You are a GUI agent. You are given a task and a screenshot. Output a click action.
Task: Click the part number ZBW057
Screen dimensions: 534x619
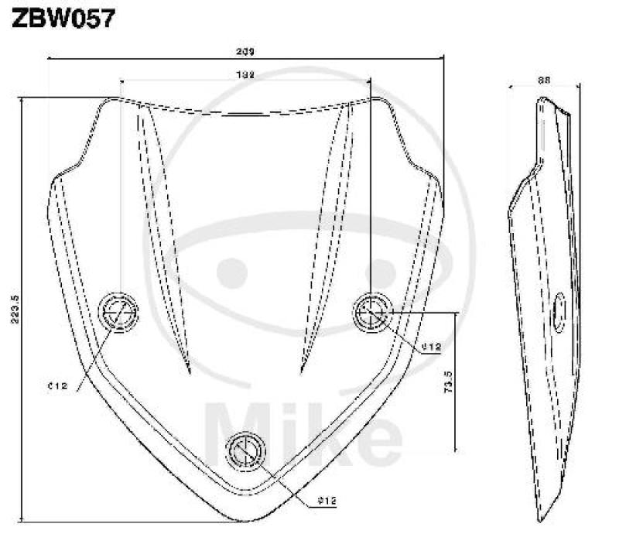coord(62,18)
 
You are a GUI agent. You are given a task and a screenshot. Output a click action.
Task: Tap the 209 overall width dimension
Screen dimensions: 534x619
coord(245,53)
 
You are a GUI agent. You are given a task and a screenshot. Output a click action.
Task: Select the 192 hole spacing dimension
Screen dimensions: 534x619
coord(245,75)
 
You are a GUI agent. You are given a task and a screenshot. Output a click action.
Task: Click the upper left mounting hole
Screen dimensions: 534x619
coord(120,312)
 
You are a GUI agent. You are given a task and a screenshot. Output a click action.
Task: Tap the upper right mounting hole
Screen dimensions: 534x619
coord(373,312)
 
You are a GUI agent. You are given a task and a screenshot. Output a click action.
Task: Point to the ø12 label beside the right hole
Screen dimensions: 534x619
coord(430,347)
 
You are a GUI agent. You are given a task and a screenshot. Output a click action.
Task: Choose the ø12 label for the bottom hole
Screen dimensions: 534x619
coord(327,500)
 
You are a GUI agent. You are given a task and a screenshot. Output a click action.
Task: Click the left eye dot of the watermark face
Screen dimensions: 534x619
coord(230,272)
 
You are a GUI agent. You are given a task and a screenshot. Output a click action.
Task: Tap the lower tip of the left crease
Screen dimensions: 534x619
coord(187,372)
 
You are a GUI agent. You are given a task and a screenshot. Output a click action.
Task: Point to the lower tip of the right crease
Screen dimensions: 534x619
coord(300,372)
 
